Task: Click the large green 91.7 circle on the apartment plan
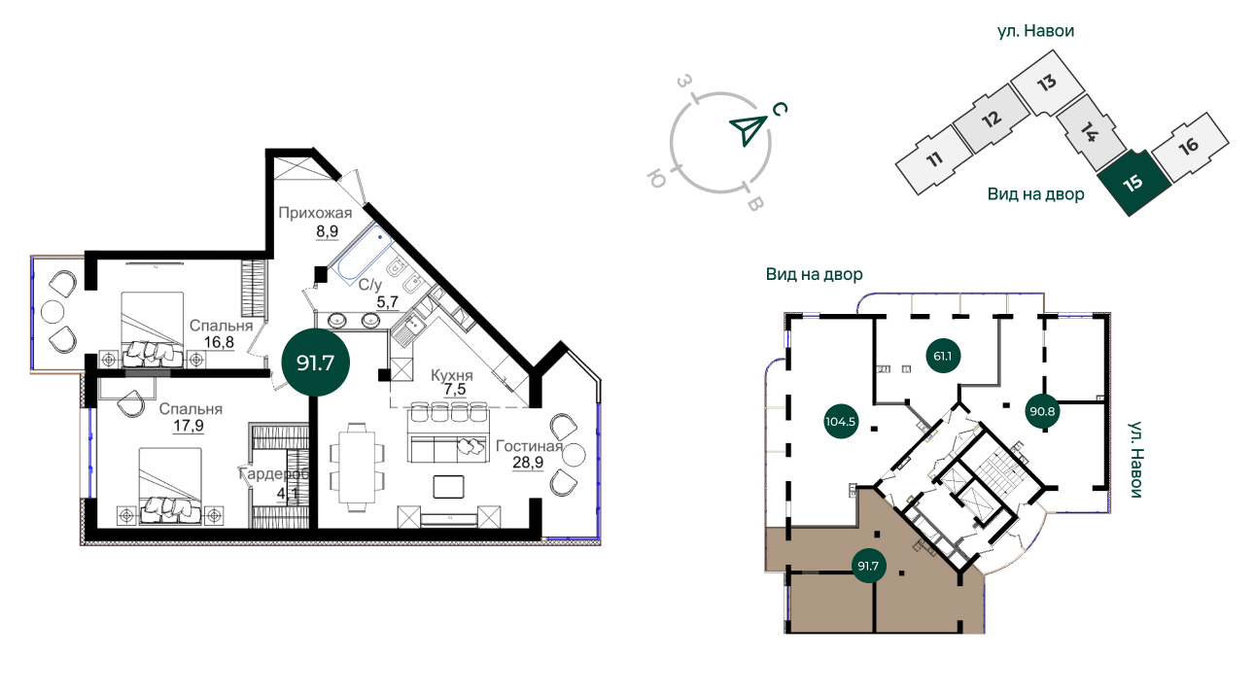(x=315, y=364)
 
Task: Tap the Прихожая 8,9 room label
(x=315, y=222)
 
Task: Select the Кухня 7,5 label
(x=452, y=382)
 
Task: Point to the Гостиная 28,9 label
(x=529, y=454)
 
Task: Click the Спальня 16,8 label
(x=221, y=333)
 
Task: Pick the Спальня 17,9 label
(x=190, y=417)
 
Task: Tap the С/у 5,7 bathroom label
(x=378, y=294)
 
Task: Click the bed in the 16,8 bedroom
(x=153, y=329)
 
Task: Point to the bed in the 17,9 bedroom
(x=170, y=485)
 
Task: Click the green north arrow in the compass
(x=749, y=130)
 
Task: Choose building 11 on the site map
(x=933, y=160)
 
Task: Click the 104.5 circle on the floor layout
(x=841, y=421)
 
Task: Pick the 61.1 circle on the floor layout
(x=943, y=356)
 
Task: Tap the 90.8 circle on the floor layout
(x=1042, y=411)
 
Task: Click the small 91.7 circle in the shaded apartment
(x=868, y=566)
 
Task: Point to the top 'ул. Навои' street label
(x=1035, y=31)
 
